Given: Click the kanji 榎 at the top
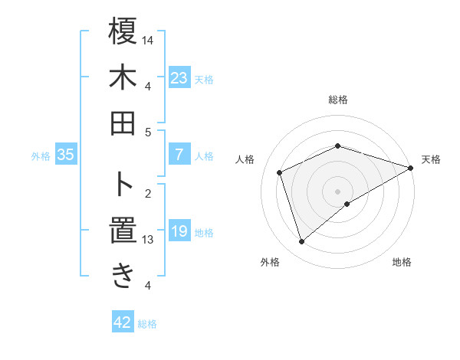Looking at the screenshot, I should point(123,32).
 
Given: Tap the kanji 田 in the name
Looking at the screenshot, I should point(123,123).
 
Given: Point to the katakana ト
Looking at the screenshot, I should point(123,184).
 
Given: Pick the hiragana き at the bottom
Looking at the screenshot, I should point(123,275).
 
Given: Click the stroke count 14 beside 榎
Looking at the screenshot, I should point(149,40).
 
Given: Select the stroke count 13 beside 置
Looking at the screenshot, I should point(149,240).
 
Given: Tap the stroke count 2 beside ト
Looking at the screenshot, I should point(148,193).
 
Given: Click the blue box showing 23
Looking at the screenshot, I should point(179,78).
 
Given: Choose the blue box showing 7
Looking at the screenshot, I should point(179,155).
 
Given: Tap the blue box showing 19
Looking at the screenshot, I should point(179,231).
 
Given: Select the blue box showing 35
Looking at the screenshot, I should point(65,155).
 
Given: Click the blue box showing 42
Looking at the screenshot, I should point(122,322).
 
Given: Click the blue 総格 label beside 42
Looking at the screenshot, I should point(147,324).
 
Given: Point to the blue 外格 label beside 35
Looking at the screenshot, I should point(41,156).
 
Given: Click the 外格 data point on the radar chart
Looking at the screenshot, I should point(301,243).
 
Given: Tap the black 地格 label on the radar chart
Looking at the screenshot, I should point(402,263).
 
